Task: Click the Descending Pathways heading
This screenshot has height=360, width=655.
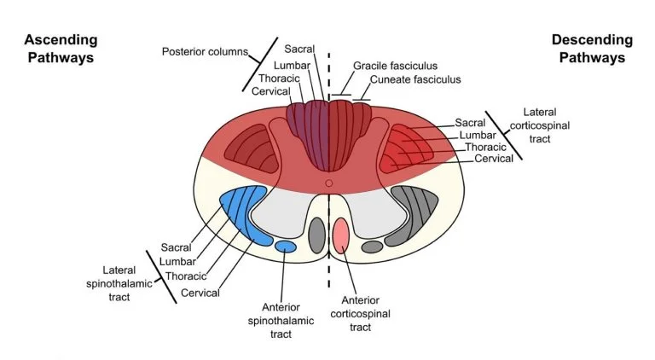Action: point(592,49)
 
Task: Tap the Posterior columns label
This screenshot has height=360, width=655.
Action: point(204,52)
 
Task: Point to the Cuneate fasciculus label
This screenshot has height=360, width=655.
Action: point(414,79)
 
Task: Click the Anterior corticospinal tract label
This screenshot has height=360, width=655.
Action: point(366,313)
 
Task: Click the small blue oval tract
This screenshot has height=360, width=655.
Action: point(286,247)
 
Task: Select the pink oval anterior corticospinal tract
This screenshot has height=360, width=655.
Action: point(342,235)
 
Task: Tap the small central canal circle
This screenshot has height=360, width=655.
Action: point(328,182)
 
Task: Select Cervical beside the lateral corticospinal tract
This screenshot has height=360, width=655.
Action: point(494,159)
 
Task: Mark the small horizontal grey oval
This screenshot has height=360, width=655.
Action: point(373,247)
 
